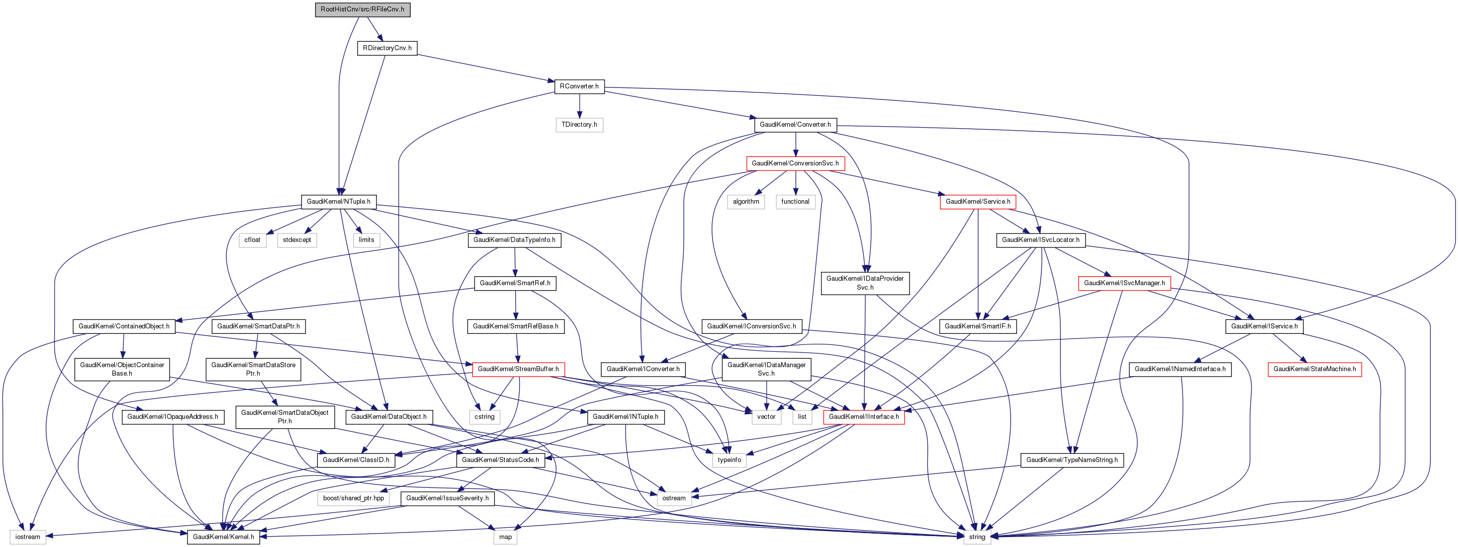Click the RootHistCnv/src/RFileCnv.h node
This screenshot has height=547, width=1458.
[x=362, y=9]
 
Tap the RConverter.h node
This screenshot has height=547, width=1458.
[x=579, y=86]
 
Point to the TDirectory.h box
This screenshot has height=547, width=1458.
[x=579, y=124]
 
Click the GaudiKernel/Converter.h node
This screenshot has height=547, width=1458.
[x=795, y=124]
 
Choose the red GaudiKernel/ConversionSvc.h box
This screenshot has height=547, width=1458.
[x=795, y=163]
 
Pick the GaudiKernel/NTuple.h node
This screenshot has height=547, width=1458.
[x=339, y=201]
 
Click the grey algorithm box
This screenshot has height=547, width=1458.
[x=745, y=201]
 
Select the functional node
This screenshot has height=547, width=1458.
[x=795, y=201]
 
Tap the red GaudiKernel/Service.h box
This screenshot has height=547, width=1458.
[x=978, y=201]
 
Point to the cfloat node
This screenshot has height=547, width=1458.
[x=253, y=240]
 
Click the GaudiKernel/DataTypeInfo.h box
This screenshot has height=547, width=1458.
[x=514, y=240]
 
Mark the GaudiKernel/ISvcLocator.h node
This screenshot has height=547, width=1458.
[x=1040, y=240]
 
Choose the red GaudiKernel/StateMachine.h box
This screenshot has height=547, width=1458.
[x=1314, y=369]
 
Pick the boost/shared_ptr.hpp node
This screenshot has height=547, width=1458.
[x=353, y=498]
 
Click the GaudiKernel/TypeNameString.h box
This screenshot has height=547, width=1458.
[x=1072, y=460]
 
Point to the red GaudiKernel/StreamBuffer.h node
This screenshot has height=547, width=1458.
[x=518, y=369]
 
